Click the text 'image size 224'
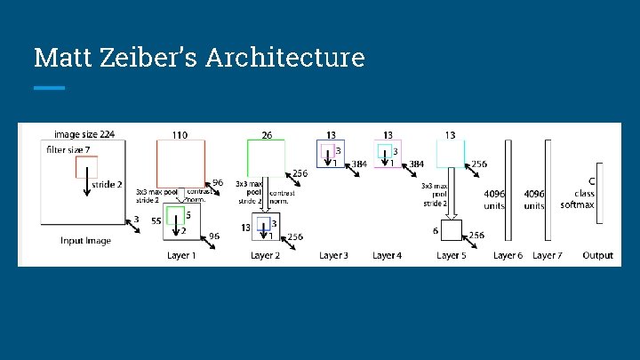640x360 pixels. pyautogui.click(x=84, y=135)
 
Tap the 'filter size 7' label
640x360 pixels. pyautogui.click(x=69, y=150)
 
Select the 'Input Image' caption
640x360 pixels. pyautogui.click(x=85, y=241)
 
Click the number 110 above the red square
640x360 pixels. pyautogui.click(x=180, y=135)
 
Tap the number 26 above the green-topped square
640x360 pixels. pyautogui.click(x=266, y=135)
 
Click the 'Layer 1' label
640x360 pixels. pyautogui.click(x=181, y=256)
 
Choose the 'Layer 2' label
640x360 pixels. pyautogui.click(x=265, y=256)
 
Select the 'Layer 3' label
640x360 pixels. pyautogui.click(x=333, y=256)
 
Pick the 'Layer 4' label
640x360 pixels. pyautogui.click(x=387, y=256)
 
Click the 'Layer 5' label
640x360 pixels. pyautogui.click(x=451, y=256)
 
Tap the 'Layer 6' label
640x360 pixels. pyautogui.click(x=508, y=256)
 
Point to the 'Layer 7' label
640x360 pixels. pyautogui.click(x=547, y=256)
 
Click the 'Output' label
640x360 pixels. pyautogui.click(x=597, y=256)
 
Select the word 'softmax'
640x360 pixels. pyautogui.click(x=577, y=205)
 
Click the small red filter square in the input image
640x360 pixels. pyautogui.click(x=86, y=166)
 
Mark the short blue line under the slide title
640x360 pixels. pyautogui.click(x=49, y=88)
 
